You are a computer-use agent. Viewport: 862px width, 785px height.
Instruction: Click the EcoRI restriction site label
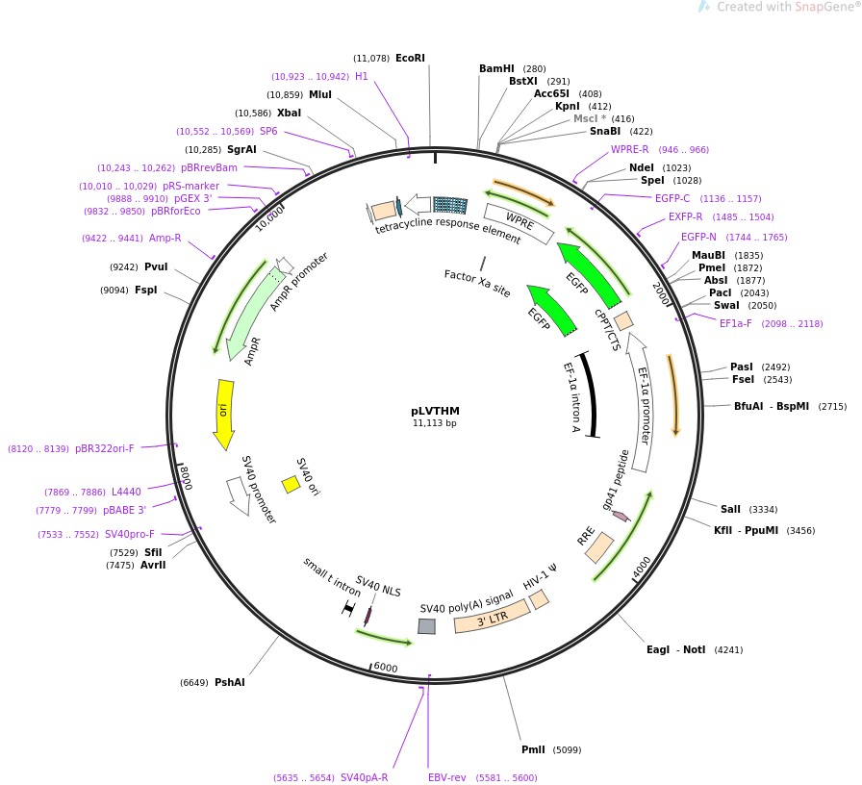click(410, 58)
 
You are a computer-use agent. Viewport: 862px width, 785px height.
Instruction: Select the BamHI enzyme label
click(497, 69)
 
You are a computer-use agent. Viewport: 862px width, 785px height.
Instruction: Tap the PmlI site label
click(533, 750)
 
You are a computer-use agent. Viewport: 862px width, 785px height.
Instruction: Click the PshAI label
click(229, 683)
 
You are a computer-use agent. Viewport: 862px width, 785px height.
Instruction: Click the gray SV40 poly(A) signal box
click(426, 626)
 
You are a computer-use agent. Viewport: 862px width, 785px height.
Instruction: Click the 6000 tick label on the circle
click(385, 668)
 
